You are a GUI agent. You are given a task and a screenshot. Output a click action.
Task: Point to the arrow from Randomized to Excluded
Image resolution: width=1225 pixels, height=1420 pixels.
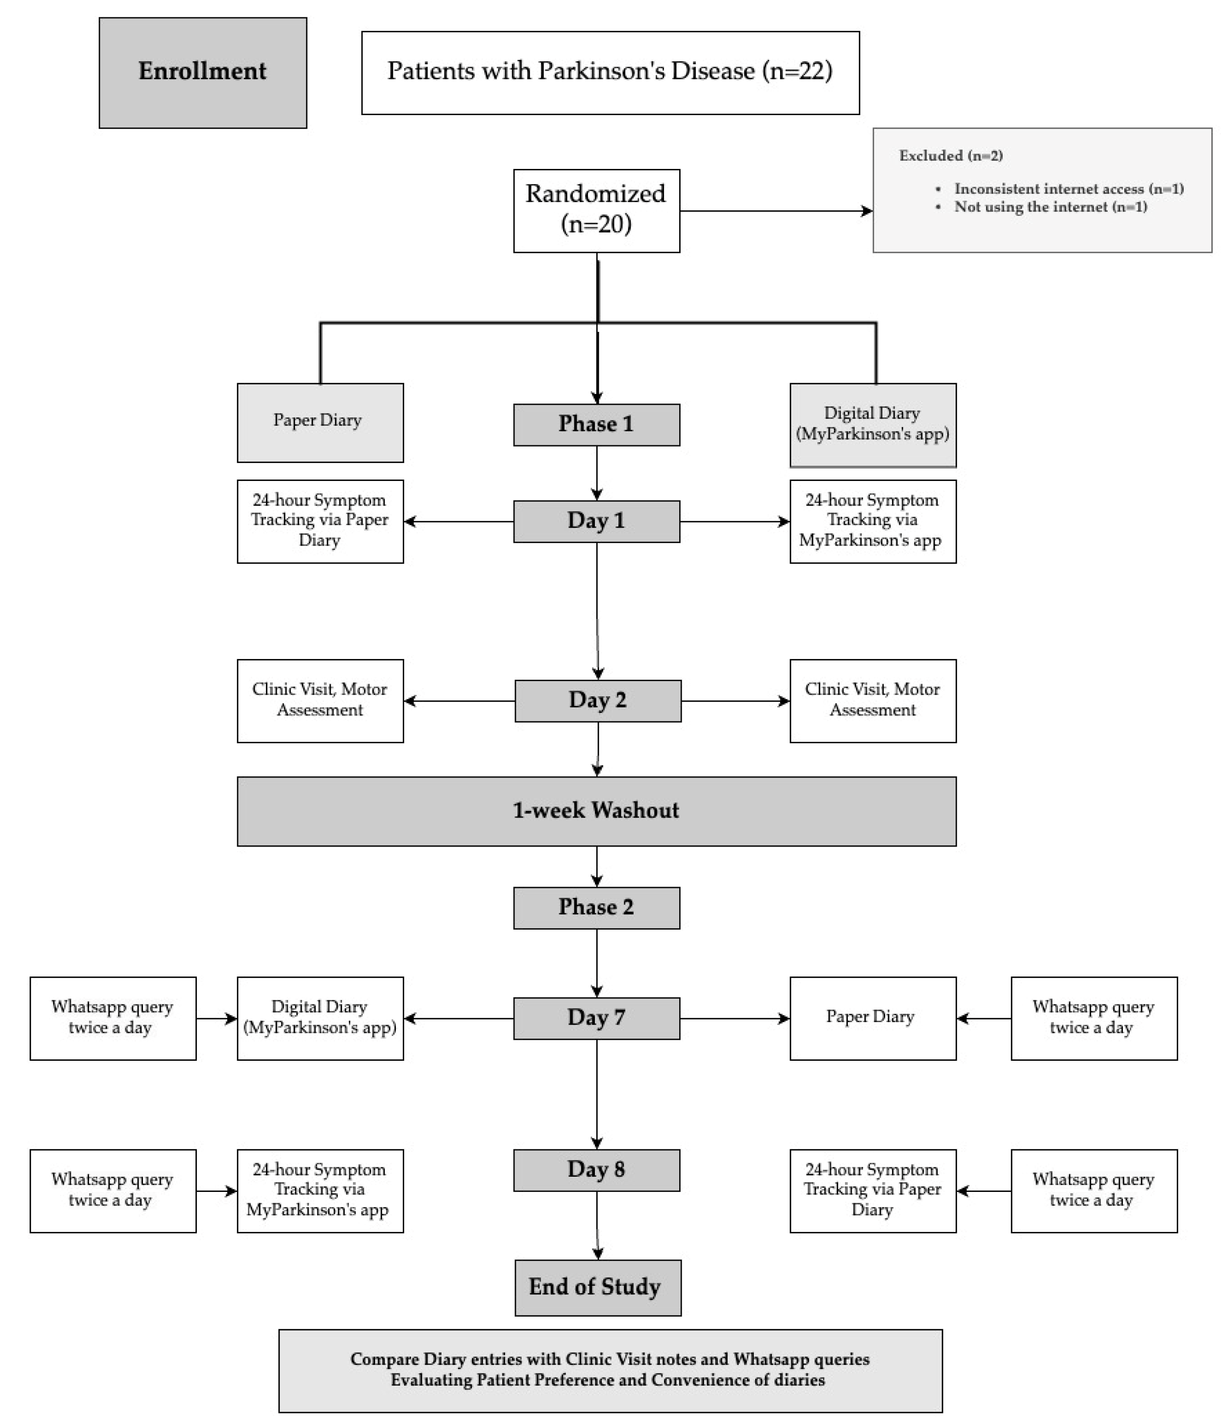pyautogui.click(x=775, y=211)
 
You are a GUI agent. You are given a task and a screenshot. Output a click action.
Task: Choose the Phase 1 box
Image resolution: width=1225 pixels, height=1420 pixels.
pyautogui.click(x=596, y=424)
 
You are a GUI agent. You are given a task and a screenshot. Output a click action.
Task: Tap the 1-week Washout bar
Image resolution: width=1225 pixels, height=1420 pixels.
pyautogui.click(x=596, y=811)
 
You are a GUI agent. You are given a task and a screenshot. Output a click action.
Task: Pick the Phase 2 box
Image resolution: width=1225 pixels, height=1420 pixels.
pyautogui.click(x=596, y=907)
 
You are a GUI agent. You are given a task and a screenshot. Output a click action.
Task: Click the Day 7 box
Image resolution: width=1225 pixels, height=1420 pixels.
pyautogui.click(x=596, y=1018)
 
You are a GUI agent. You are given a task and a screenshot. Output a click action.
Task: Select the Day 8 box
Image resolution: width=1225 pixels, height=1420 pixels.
pyautogui.click(x=596, y=1170)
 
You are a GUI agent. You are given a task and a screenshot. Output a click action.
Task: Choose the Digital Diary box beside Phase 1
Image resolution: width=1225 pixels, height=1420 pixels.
pyautogui.click(x=872, y=424)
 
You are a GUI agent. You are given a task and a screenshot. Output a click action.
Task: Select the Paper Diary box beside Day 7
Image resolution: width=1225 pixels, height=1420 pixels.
pyautogui.click(x=872, y=1018)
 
